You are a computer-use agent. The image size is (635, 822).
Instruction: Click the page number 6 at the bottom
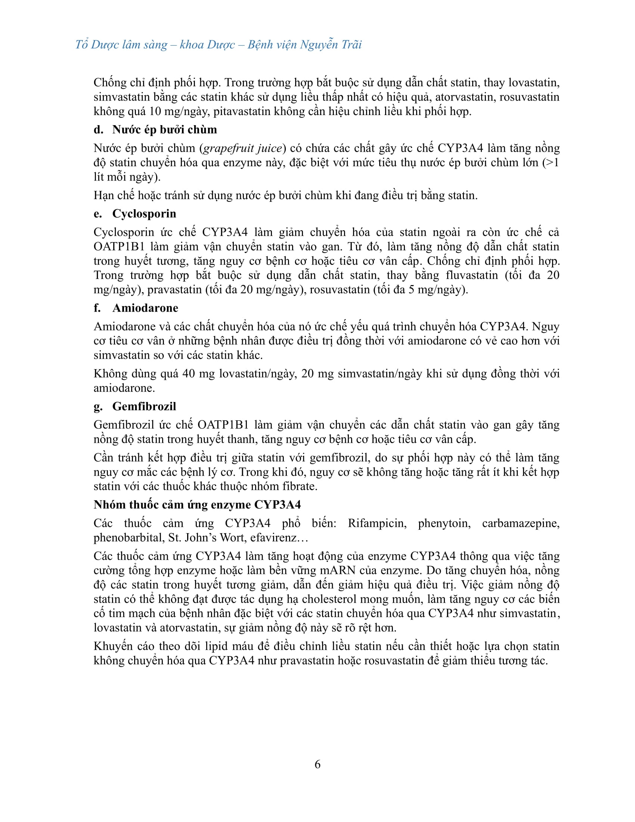click(317, 764)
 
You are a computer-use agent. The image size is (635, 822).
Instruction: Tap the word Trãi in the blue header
click(351, 45)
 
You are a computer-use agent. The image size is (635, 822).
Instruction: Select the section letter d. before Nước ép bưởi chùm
click(98, 130)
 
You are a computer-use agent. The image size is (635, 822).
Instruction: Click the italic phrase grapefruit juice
click(242, 148)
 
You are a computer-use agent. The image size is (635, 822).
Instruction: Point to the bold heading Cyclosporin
click(144, 214)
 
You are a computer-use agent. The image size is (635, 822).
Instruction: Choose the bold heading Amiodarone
click(145, 308)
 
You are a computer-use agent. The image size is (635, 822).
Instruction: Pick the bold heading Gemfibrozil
click(144, 407)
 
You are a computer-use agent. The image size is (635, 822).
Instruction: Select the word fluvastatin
click(472, 275)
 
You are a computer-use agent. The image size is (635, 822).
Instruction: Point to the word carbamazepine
click(521, 523)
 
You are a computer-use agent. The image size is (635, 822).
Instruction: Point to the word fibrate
click(300, 486)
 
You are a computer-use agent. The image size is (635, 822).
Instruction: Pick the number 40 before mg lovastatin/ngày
click(189, 374)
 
